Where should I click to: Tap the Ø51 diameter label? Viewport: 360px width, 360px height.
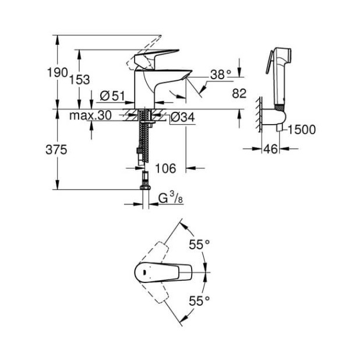pos(112,96)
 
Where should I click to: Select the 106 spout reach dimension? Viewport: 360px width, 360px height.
pos(165,168)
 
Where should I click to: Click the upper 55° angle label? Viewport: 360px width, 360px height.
pos(199,245)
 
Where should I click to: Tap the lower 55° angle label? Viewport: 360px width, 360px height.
pos(199,301)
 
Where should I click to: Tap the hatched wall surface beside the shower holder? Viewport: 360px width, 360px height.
pos(257,118)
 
